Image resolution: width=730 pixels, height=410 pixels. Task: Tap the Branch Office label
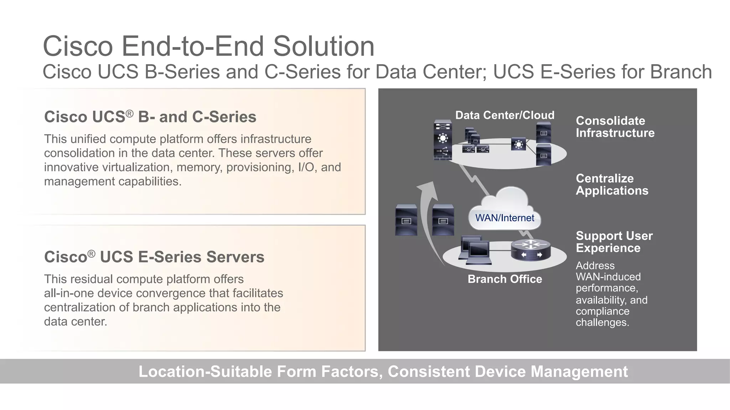click(505, 279)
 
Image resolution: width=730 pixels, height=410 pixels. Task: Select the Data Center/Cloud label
click(505, 115)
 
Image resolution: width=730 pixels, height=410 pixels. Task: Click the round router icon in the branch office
click(531, 250)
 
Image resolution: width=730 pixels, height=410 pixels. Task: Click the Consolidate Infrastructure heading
click(615, 127)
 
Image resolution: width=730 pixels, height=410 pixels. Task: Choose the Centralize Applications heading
click(612, 184)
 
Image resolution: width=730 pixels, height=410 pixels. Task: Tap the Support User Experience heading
click(614, 242)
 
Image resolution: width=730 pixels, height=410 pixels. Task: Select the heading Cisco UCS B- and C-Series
click(150, 117)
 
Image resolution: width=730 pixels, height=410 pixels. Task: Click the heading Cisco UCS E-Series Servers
click(154, 257)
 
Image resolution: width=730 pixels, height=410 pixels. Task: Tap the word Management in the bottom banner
click(579, 371)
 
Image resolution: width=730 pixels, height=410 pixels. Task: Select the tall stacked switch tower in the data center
click(443, 140)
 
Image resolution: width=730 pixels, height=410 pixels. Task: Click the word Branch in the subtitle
click(681, 72)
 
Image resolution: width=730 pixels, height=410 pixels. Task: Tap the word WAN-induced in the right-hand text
click(608, 277)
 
